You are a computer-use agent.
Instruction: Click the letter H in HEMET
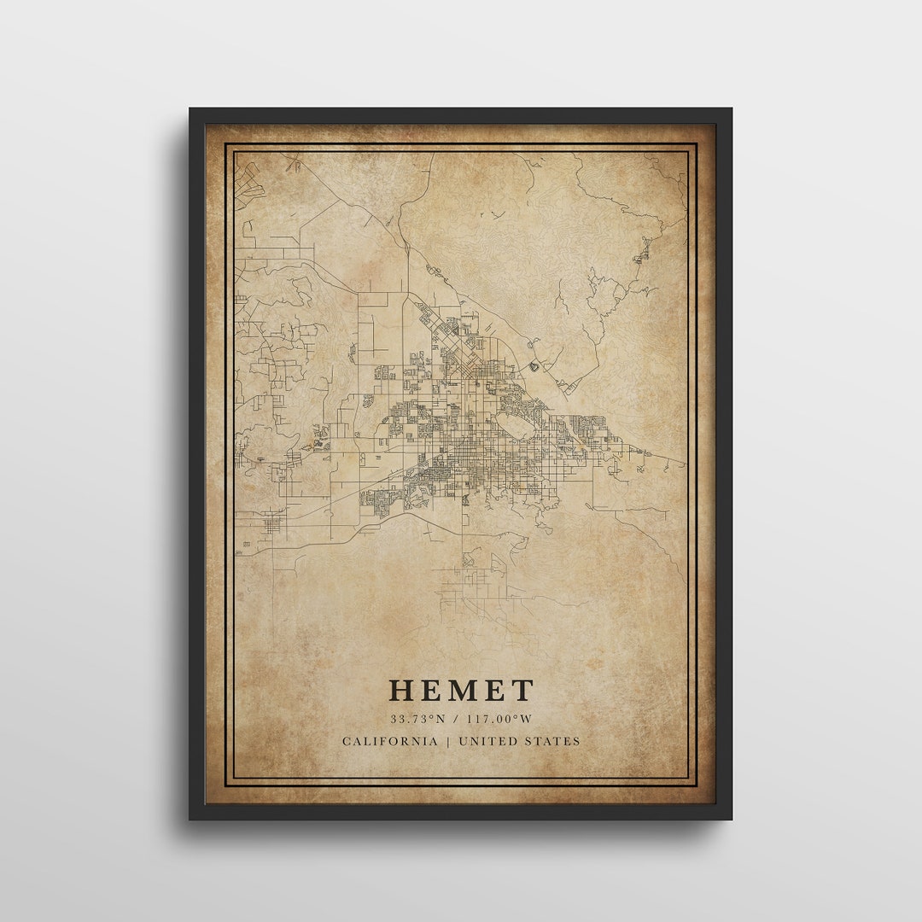click(402, 691)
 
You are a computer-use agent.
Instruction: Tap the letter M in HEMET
click(462, 691)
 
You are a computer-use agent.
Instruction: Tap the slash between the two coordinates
click(457, 720)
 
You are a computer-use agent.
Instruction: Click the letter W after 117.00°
click(527, 720)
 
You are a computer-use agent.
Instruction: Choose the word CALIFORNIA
click(389, 741)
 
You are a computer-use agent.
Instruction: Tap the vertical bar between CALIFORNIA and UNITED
click(447, 741)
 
